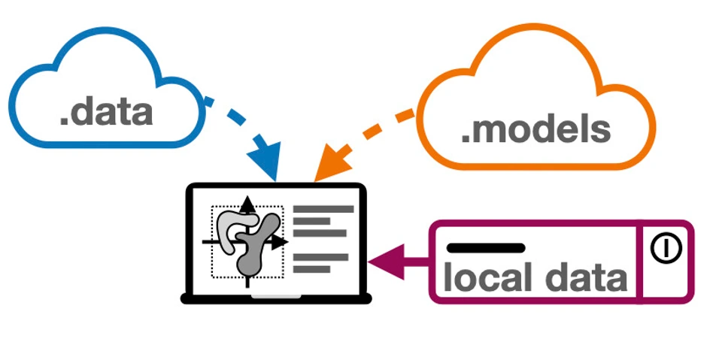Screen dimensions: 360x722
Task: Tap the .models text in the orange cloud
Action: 535,129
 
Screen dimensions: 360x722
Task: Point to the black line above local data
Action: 485,247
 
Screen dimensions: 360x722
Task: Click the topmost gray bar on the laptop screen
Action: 323,209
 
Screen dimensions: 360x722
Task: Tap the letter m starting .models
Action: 488,130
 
